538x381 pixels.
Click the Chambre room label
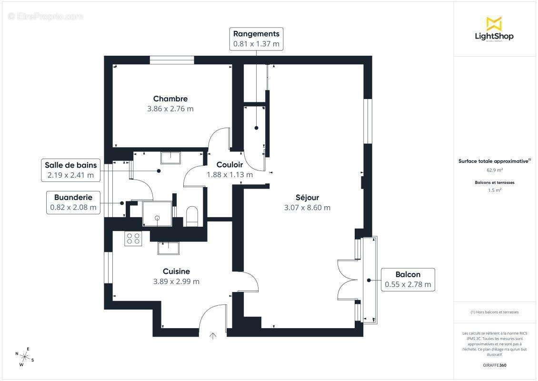(170, 99)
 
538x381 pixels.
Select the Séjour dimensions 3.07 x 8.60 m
(307, 208)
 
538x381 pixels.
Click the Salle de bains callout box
(71, 170)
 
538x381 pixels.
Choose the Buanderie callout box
(73, 202)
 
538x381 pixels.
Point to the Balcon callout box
(408, 280)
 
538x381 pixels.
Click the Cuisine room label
(176, 271)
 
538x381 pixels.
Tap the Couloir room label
(229, 165)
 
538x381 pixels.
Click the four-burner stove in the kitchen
(133, 238)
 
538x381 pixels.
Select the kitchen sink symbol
(169, 248)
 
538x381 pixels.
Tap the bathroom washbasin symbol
(170, 157)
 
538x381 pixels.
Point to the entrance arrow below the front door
(213, 336)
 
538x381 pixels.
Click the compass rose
(24, 357)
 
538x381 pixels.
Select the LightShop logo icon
(494, 23)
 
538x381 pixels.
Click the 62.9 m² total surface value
(494, 170)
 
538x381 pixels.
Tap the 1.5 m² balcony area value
(494, 190)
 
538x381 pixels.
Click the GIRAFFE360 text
(494, 365)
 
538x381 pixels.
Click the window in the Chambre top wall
(172, 60)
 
